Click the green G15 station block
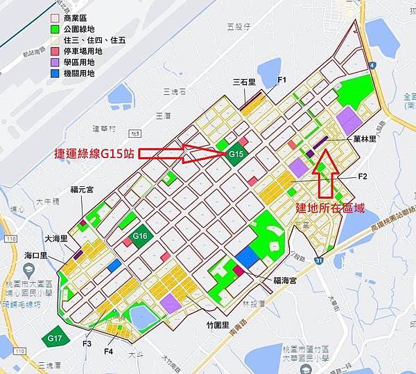pyautogui.click(x=236, y=154)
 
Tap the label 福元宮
pyautogui.click(x=83, y=188)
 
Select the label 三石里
pyautogui.click(x=245, y=82)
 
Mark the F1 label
pyautogui.click(x=282, y=80)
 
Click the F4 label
pyautogui.click(x=108, y=352)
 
